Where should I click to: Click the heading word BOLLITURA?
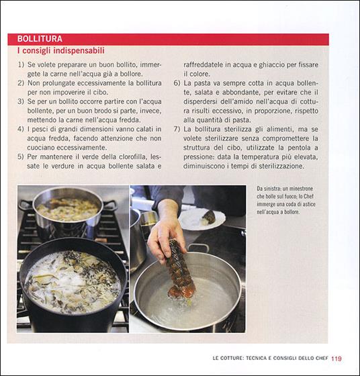(40, 39)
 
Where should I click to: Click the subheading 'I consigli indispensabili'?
(61, 50)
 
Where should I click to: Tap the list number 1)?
(21, 64)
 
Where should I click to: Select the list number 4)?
(21, 129)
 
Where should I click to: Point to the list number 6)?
(177, 83)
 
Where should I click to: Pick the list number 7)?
(177, 129)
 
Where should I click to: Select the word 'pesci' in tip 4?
(38, 129)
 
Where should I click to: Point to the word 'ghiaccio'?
(273, 64)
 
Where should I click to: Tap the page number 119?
(336, 359)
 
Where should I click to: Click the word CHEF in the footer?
(322, 358)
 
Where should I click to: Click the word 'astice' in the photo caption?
(309, 204)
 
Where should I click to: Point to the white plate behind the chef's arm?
(202, 219)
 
